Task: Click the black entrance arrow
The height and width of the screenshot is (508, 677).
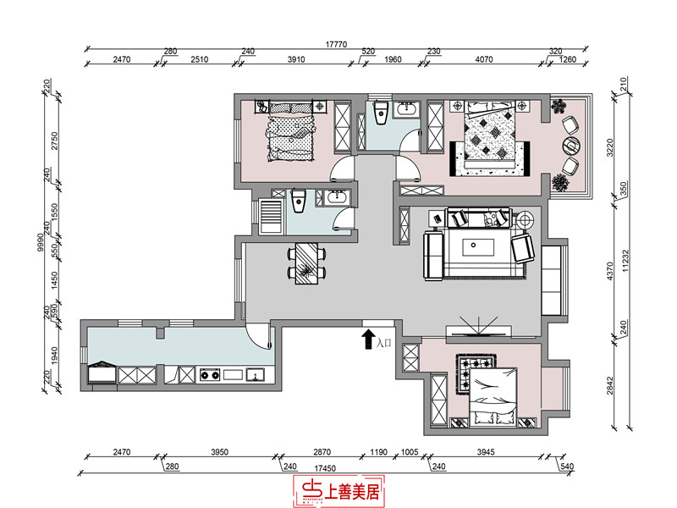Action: click(x=368, y=340)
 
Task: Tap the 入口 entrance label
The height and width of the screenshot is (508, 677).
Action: click(x=383, y=344)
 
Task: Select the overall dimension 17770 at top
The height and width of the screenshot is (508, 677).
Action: click(x=336, y=45)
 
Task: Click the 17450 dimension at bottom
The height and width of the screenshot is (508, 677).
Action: click(x=325, y=468)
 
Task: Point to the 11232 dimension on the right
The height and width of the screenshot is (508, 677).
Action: click(x=625, y=262)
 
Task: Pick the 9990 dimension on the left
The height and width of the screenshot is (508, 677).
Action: click(x=41, y=243)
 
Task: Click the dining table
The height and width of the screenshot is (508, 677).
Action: click(x=306, y=263)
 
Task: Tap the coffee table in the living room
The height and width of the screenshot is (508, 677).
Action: click(x=478, y=248)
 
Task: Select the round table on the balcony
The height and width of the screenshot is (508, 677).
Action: click(x=572, y=146)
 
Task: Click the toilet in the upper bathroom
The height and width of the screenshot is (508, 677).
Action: click(x=382, y=112)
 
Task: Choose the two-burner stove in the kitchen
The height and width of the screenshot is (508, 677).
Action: click(x=210, y=374)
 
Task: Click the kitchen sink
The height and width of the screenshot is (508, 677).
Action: click(x=256, y=374)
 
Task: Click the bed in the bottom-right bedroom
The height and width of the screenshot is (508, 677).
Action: click(x=493, y=396)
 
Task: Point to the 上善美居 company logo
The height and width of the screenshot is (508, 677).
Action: click(x=339, y=491)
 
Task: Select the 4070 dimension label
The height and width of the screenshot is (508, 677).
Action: click(x=483, y=59)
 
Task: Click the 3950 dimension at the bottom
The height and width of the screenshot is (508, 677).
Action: click(x=219, y=452)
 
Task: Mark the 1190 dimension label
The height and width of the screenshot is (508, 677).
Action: click(x=378, y=452)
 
